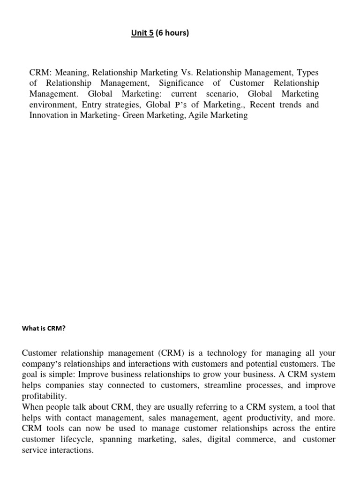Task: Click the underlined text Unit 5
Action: pyautogui.click(x=142, y=33)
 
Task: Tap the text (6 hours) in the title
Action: pyautogui.click(x=172, y=33)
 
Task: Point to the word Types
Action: pyautogui.click(x=305, y=73)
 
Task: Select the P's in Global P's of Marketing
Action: pyautogui.click(x=180, y=105)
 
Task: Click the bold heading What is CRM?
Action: pyautogui.click(x=44, y=329)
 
